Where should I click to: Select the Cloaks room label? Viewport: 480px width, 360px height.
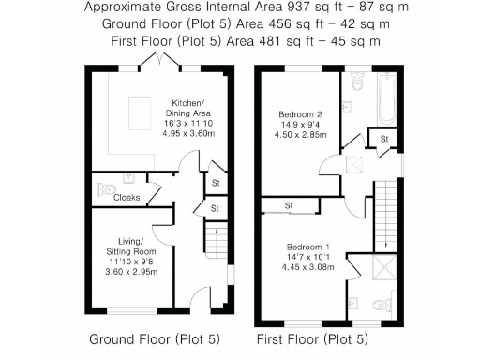(x=127, y=198)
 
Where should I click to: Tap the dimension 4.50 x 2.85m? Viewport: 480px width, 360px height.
(x=299, y=134)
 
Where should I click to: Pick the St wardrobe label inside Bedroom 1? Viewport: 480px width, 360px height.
(x=290, y=205)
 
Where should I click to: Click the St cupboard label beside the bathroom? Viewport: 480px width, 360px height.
(x=383, y=140)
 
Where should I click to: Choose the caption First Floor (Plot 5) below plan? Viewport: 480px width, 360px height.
(x=313, y=338)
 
